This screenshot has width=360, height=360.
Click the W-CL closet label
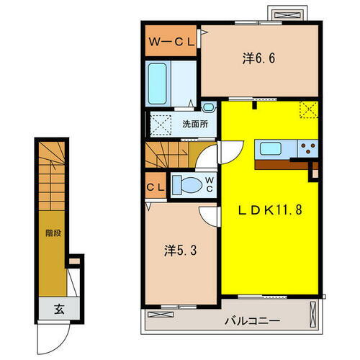(x=171, y=42)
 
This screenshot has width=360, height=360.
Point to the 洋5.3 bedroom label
(x=179, y=251)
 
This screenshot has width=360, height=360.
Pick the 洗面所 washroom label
(x=194, y=124)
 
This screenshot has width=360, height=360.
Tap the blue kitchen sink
(x=271, y=149)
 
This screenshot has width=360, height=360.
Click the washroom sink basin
(x=208, y=107)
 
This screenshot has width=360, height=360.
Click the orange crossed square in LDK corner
(x=310, y=110)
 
